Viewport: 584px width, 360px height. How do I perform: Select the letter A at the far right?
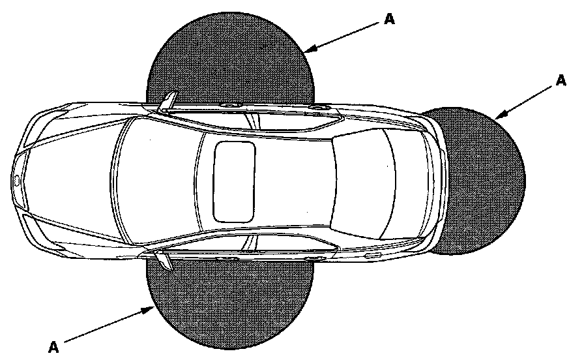[x=560, y=80]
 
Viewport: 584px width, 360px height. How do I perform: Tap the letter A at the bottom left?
[x=54, y=346]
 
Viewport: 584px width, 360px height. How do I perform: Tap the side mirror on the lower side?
[x=164, y=259]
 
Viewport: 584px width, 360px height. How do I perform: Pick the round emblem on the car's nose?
[x=16, y=178]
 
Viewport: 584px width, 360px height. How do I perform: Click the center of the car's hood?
[x=72, y=177]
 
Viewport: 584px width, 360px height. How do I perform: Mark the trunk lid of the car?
[x=417, y=179]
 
